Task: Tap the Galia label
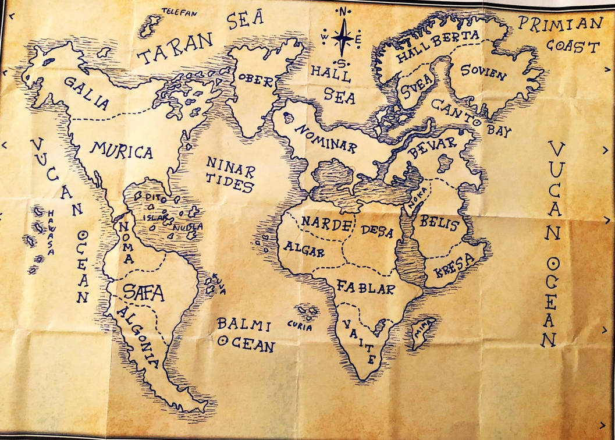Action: [x=87, y=94]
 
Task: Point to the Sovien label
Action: [x=483, y=72]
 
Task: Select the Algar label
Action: [x=303, y=250]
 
